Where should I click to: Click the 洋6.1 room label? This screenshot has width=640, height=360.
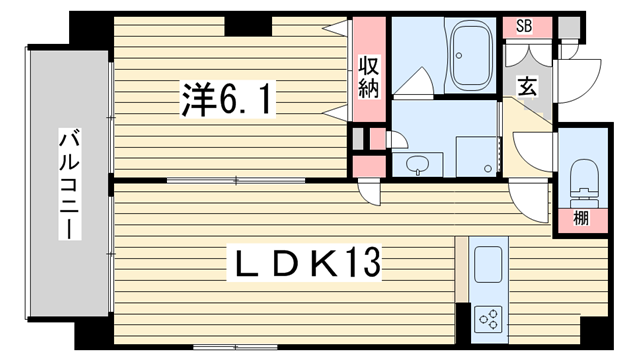click(x=227, y=99)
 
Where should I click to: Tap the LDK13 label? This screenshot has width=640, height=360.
click(x=304, y=262)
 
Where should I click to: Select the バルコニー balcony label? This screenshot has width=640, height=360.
click(x=69, y=184)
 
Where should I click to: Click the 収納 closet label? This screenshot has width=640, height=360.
click(x=369, y=76)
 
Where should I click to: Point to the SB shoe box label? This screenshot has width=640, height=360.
click(x=524, y=26)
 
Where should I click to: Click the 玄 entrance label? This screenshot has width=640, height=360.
click(x=527, y=87)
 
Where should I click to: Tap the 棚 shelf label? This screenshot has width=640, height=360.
click(x=581, y=218)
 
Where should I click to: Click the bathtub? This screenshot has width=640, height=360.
click(x=470, y=55)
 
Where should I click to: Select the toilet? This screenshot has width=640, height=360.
click(x=584, y=184)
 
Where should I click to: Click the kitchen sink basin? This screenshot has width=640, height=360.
click(x=488, y=264)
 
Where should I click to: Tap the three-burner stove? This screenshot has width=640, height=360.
click(x=489, y=319)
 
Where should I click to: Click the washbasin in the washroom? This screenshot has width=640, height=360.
click(x=418, y=165)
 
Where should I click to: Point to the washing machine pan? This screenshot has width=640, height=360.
click(x=477, y=157)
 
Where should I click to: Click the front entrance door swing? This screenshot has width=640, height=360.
click(x=580, y=82)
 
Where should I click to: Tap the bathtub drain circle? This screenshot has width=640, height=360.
click(x=459, y=56)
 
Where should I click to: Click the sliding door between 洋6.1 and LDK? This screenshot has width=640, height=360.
click(x=236, y=180)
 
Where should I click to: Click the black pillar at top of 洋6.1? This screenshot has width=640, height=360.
click(x=248, y=25)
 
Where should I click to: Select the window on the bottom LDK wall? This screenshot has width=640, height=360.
click(x=236, y=347)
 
